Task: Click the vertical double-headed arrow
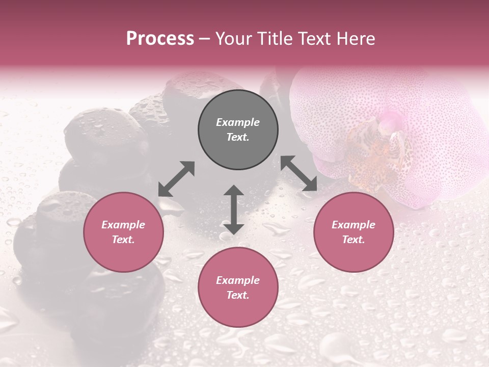pyautogui.click(x=234, y=209)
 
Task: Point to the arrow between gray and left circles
pyautogui.click(x=176, y=178)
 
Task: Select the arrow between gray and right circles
pyautogui.click(x=298, y=173)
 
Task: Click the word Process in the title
pyautogui.click(x=160, y=38)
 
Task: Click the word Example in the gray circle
pyautogui.click(x=238, y=122)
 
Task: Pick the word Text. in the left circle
pyautogui.click(x=123, y=240)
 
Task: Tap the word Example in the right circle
pyautogui.click(x=354, y=225)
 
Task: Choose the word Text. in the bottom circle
pyautogui.click(x=238, y=295)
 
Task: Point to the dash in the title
pyautogui.click(x=205, y=39)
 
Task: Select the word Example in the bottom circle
pyautogui.click(x=238, y=280)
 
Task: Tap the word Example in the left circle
pyautogui.click(x=123, y=225)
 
